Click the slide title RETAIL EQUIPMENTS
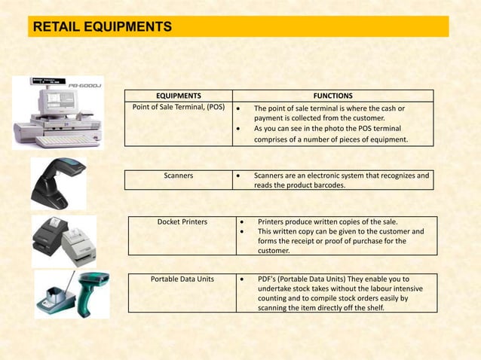coord(102,28)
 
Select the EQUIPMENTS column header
coord(178,96)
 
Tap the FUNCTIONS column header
coord(333,96)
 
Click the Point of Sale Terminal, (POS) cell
coord(179,108)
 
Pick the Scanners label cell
coord(179,175)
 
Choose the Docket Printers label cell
coord(182,222)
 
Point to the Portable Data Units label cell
coord(182,279)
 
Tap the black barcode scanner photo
coord(57,183)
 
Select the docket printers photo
coord(63,240)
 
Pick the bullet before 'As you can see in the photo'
coord(238,128)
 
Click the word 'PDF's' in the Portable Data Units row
coord(269,279)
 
